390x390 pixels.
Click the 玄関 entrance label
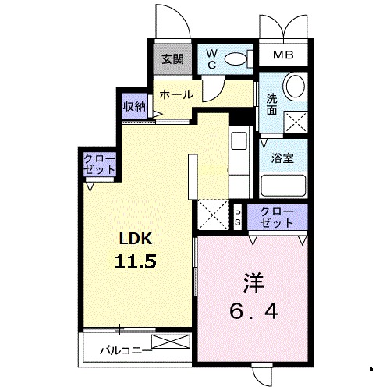coord(172,59)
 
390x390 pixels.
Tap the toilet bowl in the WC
coord(236,59)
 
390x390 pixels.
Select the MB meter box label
coord(283,55)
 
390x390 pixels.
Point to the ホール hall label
coord(176,94)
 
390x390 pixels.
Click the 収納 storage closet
coord(134,106)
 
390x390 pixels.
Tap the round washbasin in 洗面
coord(295,86)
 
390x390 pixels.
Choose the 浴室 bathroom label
coord(282,158)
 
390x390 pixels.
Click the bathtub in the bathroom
coord(283,186)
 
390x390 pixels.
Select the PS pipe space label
coord(238,218)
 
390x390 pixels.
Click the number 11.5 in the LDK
coord(136,261)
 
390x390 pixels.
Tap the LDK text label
coord(136,239)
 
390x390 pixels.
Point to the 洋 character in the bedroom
coord(253,283)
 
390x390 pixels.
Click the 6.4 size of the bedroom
coord(253,311)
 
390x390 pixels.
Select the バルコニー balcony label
coord(126,351)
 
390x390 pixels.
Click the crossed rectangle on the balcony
coord(171,342)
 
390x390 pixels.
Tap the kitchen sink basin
coord(239,140)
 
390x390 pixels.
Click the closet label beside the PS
coord(277,218)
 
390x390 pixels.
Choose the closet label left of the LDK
coord(99,165)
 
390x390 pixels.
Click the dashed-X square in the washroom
coord(296,122)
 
